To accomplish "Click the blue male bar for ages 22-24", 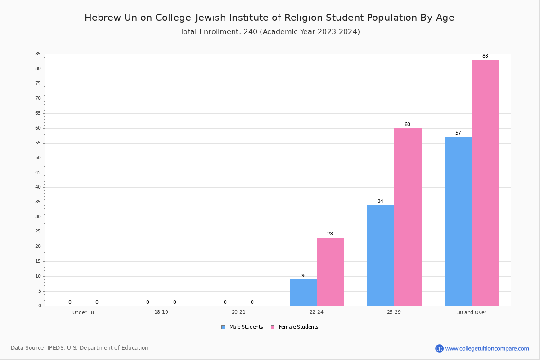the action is coord(303,293).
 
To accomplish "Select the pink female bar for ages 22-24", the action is coord(330,272).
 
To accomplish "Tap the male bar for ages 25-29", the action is coord(381,256).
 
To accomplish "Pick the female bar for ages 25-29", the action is coord(408,217).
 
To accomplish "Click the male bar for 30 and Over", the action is coord(459,221).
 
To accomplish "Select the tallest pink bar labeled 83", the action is coord(486,183).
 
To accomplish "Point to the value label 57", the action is coord(458,133).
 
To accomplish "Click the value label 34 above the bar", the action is coord(380,201).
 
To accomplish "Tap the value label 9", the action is coord(303,275).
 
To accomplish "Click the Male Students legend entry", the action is coord(242,327).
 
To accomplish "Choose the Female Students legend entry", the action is coord(295,327).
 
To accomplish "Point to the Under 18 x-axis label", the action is coord(83,312).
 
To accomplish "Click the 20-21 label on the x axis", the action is coord(238,312).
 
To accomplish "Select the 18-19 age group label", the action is coord(161,312).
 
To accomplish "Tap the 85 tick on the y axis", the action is coord(38,54).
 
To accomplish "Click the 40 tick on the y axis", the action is coord(38,187).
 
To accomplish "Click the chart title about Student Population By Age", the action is coord(270,18).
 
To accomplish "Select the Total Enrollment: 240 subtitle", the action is coord(270,31).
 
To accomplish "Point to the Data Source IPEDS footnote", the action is coord(80,348).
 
